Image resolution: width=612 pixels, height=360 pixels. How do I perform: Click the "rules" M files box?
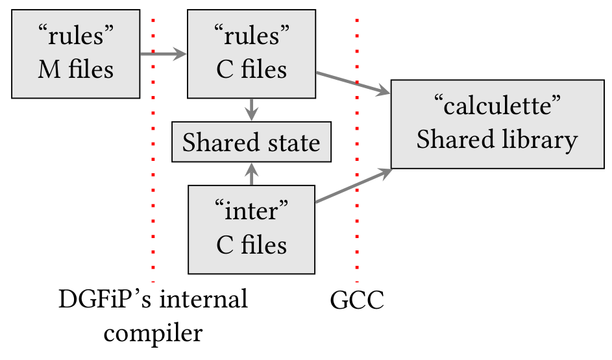point(76,54)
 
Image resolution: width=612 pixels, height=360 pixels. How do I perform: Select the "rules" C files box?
point(251,54)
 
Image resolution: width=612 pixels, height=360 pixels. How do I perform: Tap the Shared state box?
point(251,142)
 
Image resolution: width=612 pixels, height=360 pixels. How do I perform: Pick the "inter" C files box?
point(251,229)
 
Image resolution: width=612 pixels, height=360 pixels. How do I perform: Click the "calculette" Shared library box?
point(497,124)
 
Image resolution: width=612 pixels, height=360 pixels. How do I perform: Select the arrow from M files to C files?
point(163,54)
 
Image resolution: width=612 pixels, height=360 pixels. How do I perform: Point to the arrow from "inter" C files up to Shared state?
point(252,173)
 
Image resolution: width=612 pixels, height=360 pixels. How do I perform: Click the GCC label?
point(357,301)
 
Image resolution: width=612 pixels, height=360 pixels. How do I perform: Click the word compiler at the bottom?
point(153,333)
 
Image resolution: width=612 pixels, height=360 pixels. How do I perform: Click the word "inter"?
point(251,211)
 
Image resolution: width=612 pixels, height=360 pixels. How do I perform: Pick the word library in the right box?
point(541,140)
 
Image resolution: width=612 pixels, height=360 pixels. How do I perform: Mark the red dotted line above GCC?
point(357,149)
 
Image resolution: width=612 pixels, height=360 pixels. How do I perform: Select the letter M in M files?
point(49,69)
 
